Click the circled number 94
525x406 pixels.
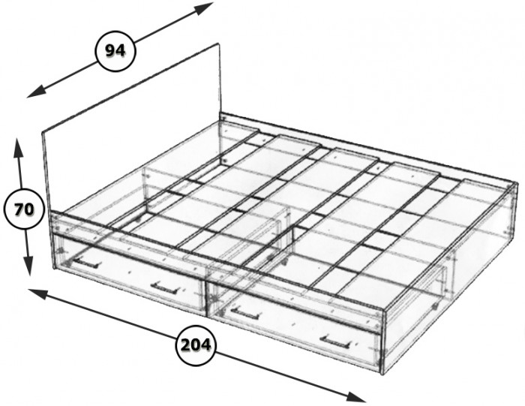115,51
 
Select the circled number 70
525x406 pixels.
24,209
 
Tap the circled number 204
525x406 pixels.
196,345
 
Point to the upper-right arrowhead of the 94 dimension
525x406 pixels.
204,8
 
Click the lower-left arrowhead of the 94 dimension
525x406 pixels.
36,92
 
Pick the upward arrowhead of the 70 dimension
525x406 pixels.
19,148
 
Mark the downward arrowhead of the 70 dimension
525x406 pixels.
28,266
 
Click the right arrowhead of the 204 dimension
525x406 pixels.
355,397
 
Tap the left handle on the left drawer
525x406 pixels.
87,263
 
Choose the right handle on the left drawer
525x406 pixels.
164,289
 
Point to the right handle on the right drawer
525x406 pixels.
335,341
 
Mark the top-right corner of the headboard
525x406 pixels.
220,44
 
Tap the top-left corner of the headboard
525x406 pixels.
43,133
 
